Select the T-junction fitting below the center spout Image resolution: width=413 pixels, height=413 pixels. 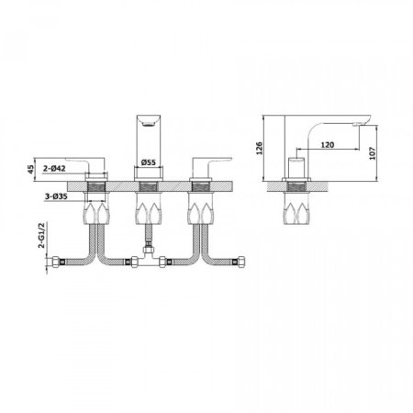pyautogui.click(x=148, y=266)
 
